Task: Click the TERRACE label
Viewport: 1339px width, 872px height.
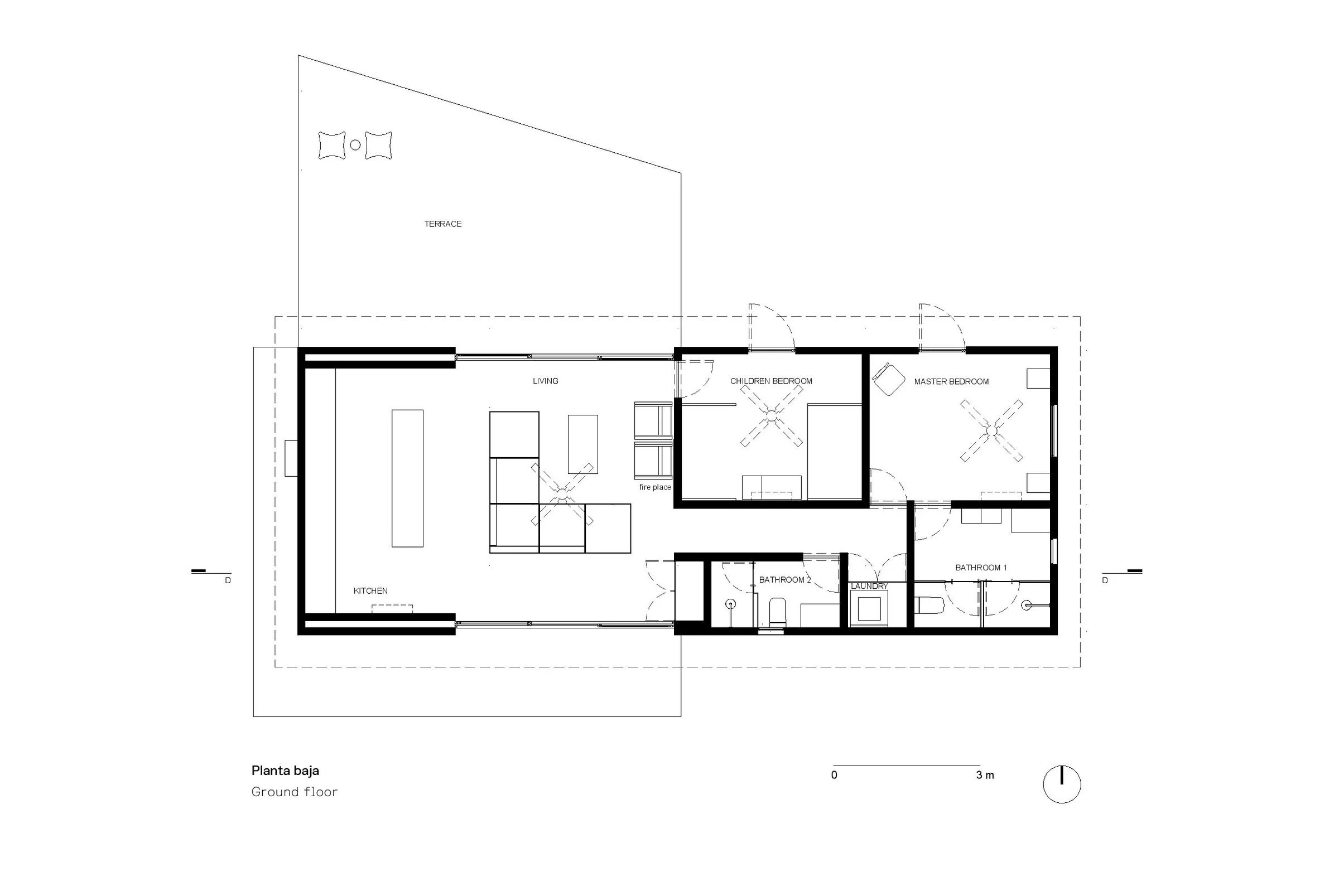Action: click(x=443, y=224)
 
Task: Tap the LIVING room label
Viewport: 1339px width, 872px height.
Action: click(x=545, y=381)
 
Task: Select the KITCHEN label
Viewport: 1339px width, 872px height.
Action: click(x=370, y=591)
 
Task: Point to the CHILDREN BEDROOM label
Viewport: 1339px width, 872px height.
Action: click(x=771, y=381)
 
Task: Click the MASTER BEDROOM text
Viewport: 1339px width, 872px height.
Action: click(x=951, y=382)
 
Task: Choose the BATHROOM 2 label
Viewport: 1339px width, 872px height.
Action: click(x=785, y=580)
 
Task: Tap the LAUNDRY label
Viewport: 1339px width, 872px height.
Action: click(x=869, y=587)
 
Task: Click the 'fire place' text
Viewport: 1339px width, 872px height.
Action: click(x=655, y=487)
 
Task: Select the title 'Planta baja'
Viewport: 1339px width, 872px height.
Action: click(x=285, y=770)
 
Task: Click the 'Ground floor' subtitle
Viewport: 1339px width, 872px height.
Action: click(x=294, y=792)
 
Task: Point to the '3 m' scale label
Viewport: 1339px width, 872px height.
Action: click(x=985, y=776)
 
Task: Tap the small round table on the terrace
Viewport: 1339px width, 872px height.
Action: click(x=355, y=145)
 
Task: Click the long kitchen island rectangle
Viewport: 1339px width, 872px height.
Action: click(x=407, y=478)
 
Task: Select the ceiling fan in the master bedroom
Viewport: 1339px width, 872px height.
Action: click(x=991, y=430)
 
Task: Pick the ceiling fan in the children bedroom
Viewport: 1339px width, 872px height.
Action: click(x=772, y=416)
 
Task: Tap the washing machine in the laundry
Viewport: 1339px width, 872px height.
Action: click(x=869, y=608)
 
